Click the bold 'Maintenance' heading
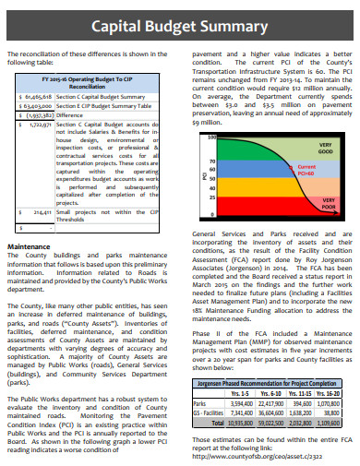tap(29, 247)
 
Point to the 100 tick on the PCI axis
tap(211, 137)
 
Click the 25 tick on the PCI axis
tap(212, 197)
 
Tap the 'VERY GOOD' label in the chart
tap(325, 147)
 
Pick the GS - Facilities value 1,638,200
tap(303, 413)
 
